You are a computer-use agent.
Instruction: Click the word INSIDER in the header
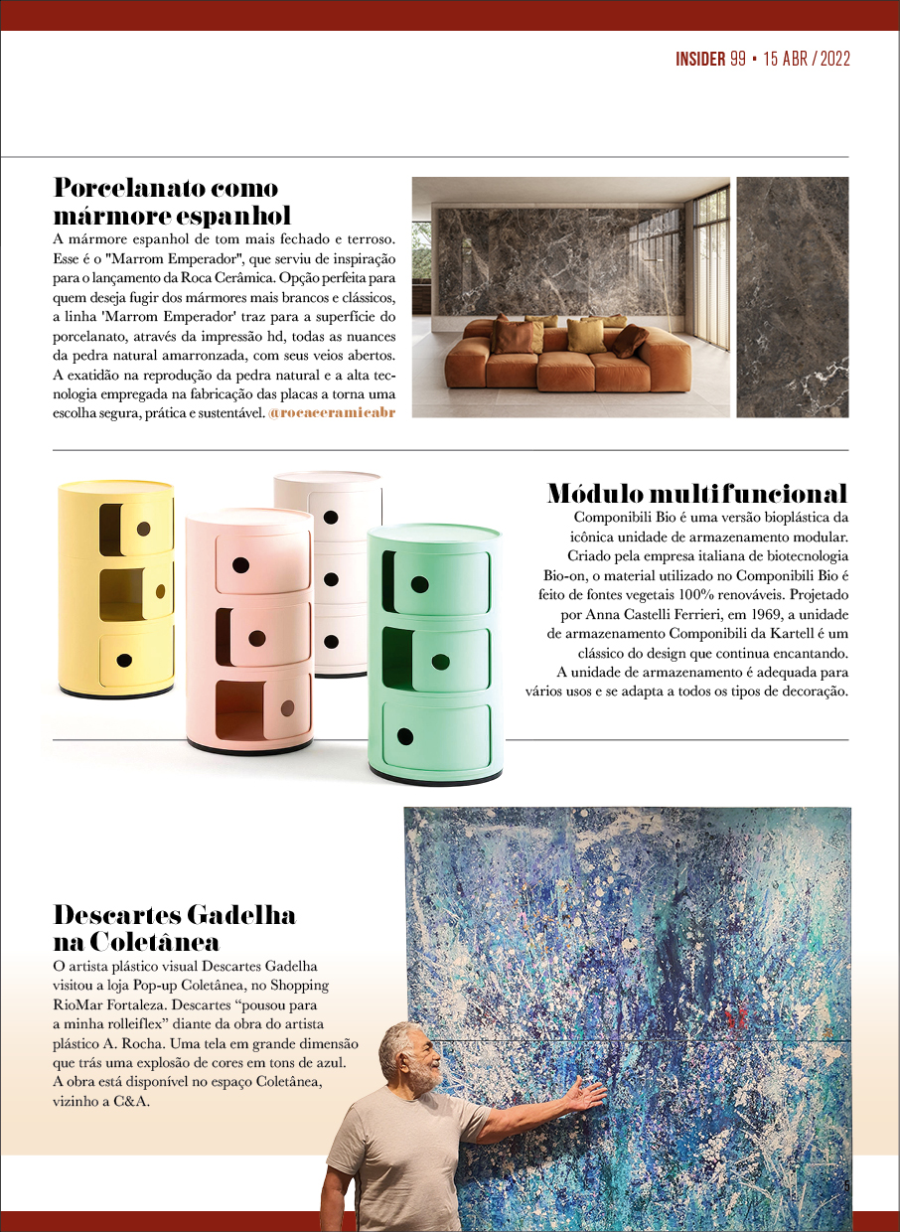pos(700,59)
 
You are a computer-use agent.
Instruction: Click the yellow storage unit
pos(116,586)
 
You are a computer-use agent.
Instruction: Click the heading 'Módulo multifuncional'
pos(696,494)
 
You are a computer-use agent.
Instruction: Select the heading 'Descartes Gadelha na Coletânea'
pos(174,927)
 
